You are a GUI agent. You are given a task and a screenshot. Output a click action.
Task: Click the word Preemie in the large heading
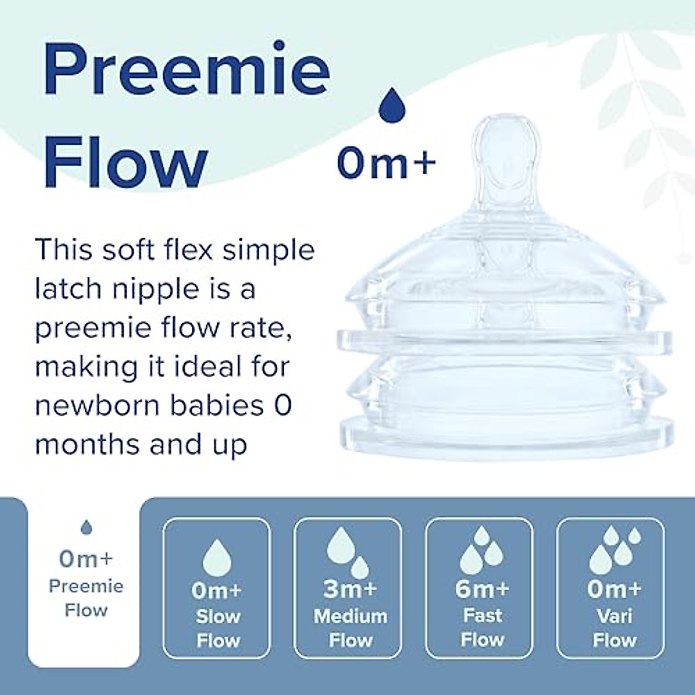coord(186,72)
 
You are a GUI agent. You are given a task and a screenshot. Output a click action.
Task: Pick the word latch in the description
coord(68,288)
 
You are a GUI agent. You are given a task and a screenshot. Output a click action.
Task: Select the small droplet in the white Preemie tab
coord(86,527)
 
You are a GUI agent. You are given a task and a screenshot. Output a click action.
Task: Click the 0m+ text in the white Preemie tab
coord(86,559)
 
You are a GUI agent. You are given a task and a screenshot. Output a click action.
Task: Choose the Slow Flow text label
coord(218,628)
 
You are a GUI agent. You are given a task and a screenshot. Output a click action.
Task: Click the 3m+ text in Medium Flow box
coord(350,589)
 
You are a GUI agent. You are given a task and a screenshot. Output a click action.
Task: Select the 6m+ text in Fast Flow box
coord(482,589)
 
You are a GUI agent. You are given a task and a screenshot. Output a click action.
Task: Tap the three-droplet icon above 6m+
coord(481,550)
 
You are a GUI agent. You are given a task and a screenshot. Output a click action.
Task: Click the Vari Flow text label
coord(614,628)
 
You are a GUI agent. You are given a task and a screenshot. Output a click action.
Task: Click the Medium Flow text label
coord(350,628)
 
